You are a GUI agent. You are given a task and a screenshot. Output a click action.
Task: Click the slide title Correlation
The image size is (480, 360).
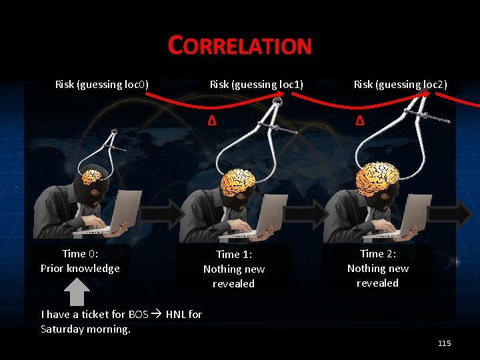tap(240, 45)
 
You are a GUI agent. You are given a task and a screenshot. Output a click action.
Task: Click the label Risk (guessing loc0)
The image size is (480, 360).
tap(102, 84)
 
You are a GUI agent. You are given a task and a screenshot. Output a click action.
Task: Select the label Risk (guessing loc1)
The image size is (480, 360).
tap(257, 84)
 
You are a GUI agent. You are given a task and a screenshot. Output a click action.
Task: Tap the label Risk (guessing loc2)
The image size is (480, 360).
tap(400, 84)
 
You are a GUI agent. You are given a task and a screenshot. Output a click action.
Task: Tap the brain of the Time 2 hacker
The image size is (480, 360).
tap(377, 177)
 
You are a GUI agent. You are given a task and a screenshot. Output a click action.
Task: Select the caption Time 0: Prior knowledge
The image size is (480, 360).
tap(80, 261)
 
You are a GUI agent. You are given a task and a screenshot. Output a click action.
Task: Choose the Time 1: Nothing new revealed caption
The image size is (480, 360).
tap(233, 269)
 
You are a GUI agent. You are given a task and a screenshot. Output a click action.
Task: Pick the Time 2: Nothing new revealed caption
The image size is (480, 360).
tap(377, 268)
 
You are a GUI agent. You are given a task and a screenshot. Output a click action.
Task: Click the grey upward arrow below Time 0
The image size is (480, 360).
tap(79, 291)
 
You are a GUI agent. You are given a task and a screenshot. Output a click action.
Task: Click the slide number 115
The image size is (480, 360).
tap(444, 343)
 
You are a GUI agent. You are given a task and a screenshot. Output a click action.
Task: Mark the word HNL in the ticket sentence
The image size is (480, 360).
tap(176, 314)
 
